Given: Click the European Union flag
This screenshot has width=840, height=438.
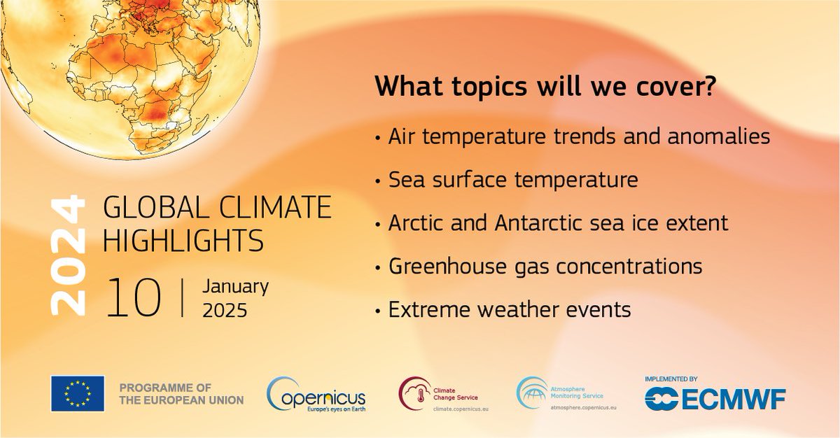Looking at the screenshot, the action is click(78, 393).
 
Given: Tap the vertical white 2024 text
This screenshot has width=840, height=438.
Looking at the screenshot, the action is click(68, 255).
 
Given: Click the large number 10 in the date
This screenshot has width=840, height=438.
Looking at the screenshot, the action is click(134, 298).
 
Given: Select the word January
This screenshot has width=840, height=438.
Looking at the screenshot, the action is click(235, 287).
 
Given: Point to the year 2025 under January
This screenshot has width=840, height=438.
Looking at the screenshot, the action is click(225, 310).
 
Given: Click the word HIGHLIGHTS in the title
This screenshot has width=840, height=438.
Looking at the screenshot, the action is click(183, 240).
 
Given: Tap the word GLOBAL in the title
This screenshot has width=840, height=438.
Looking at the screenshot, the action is click(156, 207).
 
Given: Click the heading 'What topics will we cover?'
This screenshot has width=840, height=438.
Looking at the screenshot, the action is click(545, 86).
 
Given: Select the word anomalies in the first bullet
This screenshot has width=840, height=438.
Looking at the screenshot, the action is click(718, 136).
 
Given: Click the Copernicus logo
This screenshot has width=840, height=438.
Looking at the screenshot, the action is click(316, 395).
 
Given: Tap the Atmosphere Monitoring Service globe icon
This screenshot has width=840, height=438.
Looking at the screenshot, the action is click(533, 393).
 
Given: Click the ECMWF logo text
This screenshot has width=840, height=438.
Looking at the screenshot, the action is click(733, 400).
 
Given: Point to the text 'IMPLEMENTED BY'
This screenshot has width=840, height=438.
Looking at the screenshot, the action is click(671, 379).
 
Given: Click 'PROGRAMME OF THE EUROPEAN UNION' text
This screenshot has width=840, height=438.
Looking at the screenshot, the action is click(181, 394).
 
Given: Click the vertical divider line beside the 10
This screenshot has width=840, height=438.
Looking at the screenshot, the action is click(183, 298).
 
